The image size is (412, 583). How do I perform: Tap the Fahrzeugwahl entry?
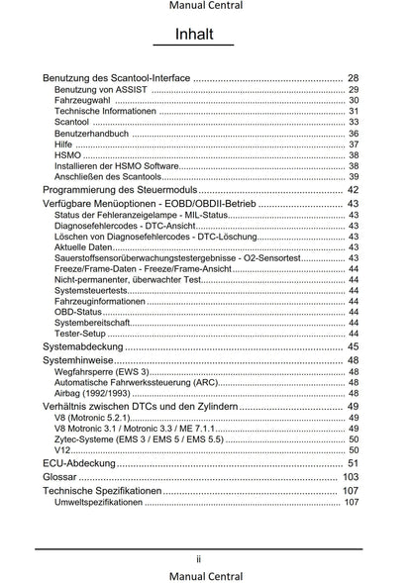79,101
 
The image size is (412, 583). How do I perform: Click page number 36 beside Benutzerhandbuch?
354,134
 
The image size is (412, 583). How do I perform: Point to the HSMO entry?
68,155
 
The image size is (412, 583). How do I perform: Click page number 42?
353,189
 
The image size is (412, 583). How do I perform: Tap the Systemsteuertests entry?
90,290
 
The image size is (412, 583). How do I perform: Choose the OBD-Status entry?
78,312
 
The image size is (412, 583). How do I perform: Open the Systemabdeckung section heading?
84,347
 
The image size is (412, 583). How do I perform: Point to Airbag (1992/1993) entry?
95,393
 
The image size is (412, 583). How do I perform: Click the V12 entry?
62,449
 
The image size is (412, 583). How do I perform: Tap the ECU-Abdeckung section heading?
79,463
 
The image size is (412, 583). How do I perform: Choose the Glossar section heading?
61,477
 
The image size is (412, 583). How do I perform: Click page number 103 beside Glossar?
350,477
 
